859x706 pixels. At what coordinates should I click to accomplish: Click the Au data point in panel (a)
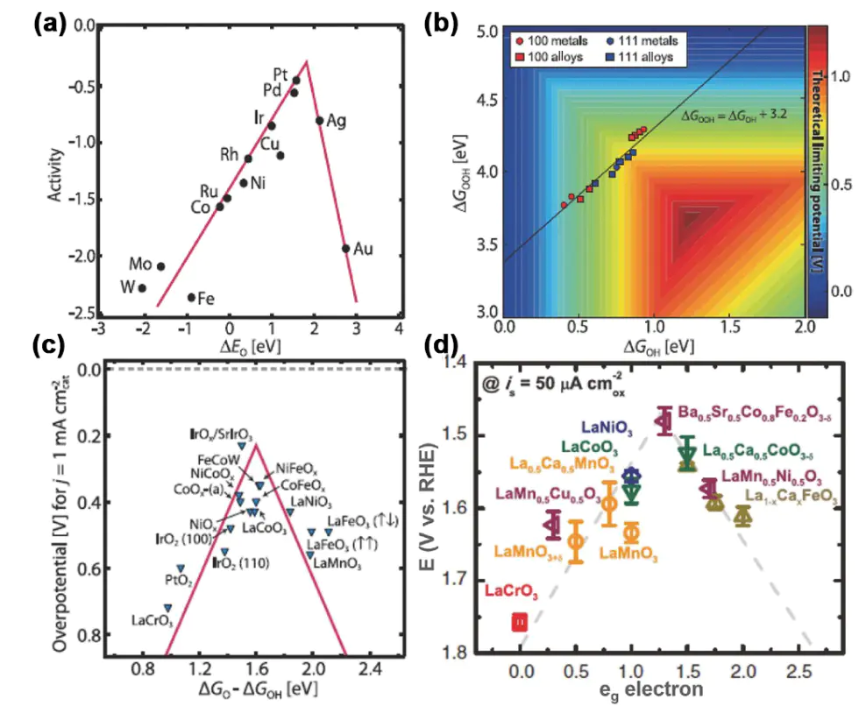[345, 248]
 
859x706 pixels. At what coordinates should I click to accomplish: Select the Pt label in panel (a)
[281, 73]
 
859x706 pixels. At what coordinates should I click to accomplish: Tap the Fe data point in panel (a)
[191, 297]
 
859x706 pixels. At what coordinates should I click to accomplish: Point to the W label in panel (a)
[126, 286]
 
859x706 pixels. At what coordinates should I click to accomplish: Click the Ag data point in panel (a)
[319, 120]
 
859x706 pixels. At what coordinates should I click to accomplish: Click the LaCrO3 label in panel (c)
[152, 621]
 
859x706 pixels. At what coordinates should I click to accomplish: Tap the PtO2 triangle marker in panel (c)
[181, 568]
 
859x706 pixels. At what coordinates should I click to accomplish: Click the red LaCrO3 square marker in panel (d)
[520, 622]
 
